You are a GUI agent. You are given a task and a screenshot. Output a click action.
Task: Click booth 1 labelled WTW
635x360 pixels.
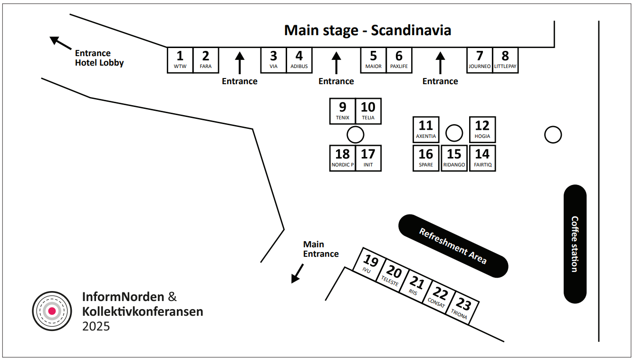180,60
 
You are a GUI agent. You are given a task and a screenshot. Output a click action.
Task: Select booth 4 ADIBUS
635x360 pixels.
299,60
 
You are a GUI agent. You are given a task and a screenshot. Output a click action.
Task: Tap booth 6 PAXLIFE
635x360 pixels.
399,60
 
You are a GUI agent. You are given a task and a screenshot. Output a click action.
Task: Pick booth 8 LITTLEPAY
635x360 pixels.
505,60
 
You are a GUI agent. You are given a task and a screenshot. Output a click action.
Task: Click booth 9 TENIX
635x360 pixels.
343,111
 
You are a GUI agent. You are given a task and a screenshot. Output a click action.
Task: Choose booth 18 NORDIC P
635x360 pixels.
343,158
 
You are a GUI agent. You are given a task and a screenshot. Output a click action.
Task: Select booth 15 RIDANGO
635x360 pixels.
454,158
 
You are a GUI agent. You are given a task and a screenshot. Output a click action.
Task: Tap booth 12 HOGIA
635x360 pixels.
482,129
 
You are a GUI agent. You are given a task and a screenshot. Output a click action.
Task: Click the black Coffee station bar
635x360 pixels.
575,244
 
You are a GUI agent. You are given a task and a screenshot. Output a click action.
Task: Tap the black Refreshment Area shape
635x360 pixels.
453,246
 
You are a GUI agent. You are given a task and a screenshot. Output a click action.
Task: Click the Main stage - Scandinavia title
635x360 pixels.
367,30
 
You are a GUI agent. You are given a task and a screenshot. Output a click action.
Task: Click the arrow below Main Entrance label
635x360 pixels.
298,273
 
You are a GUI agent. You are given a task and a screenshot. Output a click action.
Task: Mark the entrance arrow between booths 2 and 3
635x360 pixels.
240,63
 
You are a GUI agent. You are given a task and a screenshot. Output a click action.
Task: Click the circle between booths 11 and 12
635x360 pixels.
454,133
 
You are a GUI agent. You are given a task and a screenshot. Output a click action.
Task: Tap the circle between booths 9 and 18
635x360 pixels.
355,135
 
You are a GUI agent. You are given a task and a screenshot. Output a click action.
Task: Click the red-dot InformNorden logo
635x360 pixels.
52,311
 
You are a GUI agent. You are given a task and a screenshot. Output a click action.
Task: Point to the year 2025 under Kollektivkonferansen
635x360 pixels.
96,326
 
